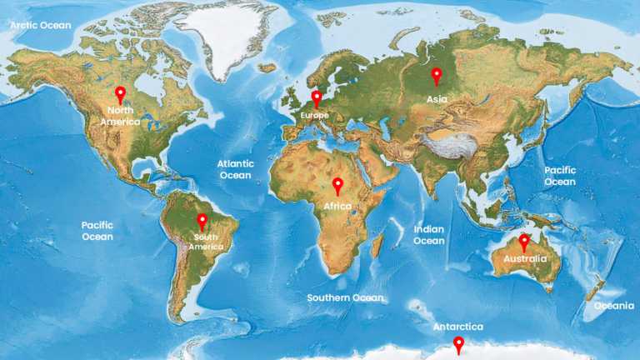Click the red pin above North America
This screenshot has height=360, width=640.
click(x=120, y=94)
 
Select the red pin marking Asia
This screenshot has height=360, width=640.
click(x=436, y=76)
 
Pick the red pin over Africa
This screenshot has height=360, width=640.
click(x=337, y=185)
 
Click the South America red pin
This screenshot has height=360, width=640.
click(x=202, y=222)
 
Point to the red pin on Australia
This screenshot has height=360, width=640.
click(x=523, y=242)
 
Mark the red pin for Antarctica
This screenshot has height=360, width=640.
click(x=458, y=344)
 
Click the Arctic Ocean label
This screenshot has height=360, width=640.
click(x=41, y=25)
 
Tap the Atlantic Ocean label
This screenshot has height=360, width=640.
click(x=235, y=169)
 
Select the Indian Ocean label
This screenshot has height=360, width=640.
click(x=429, y=234)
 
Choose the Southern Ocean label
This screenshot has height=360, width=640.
click(x=345, y=297)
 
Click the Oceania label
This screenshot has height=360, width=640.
click(x=613, y=306)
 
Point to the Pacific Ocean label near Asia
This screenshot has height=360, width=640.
click(x=560, y=176)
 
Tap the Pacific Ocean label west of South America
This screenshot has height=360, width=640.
click(x=97, y=231)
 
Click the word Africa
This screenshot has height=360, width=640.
click(x=337, y=205)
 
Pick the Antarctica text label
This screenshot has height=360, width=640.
click(x=457, y=327)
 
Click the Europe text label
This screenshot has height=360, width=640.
click(x=315, y=115)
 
